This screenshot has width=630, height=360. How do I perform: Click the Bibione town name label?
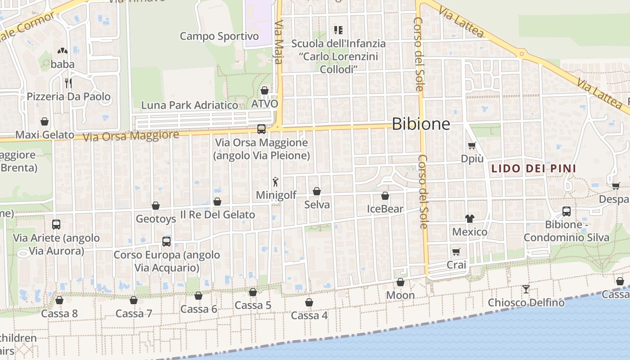421,124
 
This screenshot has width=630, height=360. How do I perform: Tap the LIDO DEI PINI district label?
533,169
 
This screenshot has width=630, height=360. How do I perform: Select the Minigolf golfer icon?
275,182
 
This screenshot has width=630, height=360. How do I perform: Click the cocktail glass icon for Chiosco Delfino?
526,289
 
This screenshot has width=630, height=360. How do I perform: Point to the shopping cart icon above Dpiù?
472,145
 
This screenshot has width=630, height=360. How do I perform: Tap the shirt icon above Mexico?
470,219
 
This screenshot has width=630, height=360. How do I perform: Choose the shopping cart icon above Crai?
456,252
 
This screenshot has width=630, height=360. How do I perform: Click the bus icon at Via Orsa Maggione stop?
261,129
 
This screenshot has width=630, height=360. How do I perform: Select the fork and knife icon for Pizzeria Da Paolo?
68,83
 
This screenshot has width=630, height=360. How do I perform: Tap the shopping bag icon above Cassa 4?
309,302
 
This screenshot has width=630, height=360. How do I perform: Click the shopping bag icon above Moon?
400,282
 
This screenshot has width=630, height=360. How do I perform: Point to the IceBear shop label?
385,209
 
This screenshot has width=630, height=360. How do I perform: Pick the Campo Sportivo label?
219,36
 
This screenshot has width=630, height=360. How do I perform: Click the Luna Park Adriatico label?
189,105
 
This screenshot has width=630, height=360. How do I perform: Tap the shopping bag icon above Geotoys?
156,206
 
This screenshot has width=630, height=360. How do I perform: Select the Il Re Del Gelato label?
217,215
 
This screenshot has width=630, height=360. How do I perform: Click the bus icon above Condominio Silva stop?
566,211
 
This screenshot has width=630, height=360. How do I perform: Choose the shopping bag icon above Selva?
317,191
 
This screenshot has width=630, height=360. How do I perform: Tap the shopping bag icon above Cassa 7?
134,300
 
